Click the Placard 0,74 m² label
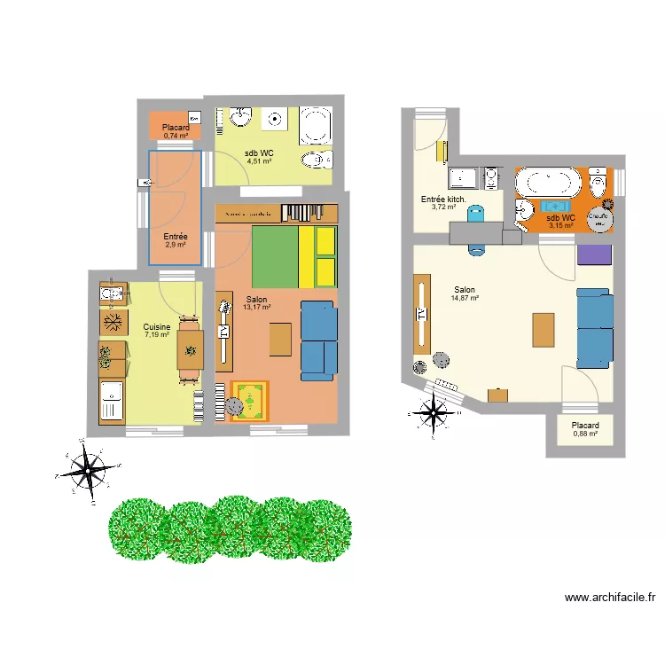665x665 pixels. pos(175,132)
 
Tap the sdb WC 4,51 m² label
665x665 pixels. pos(259,157)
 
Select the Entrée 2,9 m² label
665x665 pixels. pos(175,240)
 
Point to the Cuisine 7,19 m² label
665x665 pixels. pos(156,331)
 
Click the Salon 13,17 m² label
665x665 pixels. pos(256,303)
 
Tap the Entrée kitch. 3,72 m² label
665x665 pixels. pos(443,203)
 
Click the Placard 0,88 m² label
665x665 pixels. pos(585,429)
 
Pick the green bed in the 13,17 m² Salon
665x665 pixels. pos(274,257)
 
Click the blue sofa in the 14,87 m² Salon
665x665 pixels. pos(593,326)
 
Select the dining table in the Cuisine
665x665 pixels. pos(190,348)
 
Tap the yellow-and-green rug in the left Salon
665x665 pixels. pos(251,400)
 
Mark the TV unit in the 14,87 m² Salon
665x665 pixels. pos(419,314)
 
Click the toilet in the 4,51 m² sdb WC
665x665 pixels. pos(317,160)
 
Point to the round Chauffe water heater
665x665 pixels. pos(602,218)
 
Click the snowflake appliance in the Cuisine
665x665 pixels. pos(113,321)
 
